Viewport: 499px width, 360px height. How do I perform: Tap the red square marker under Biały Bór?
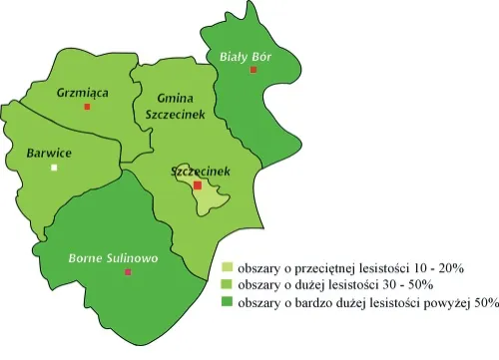coord(253,71)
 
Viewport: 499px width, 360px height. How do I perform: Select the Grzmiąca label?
coord(83,92)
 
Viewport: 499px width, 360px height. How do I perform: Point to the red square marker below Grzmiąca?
coord(87,106)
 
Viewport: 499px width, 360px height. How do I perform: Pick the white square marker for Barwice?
coord(55,168)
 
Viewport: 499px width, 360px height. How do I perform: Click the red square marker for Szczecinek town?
coord(198,185)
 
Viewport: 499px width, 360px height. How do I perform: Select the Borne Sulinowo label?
coord(113,258)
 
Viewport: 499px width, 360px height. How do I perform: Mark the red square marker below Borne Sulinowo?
coord(127,271)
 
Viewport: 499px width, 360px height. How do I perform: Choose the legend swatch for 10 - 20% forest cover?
coord(228,267)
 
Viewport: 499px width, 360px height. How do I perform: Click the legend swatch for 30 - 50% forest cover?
coord(228,284)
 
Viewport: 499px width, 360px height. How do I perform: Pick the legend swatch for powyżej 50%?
coord(228,301)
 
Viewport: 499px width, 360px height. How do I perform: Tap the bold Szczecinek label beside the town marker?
coord(201,172)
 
